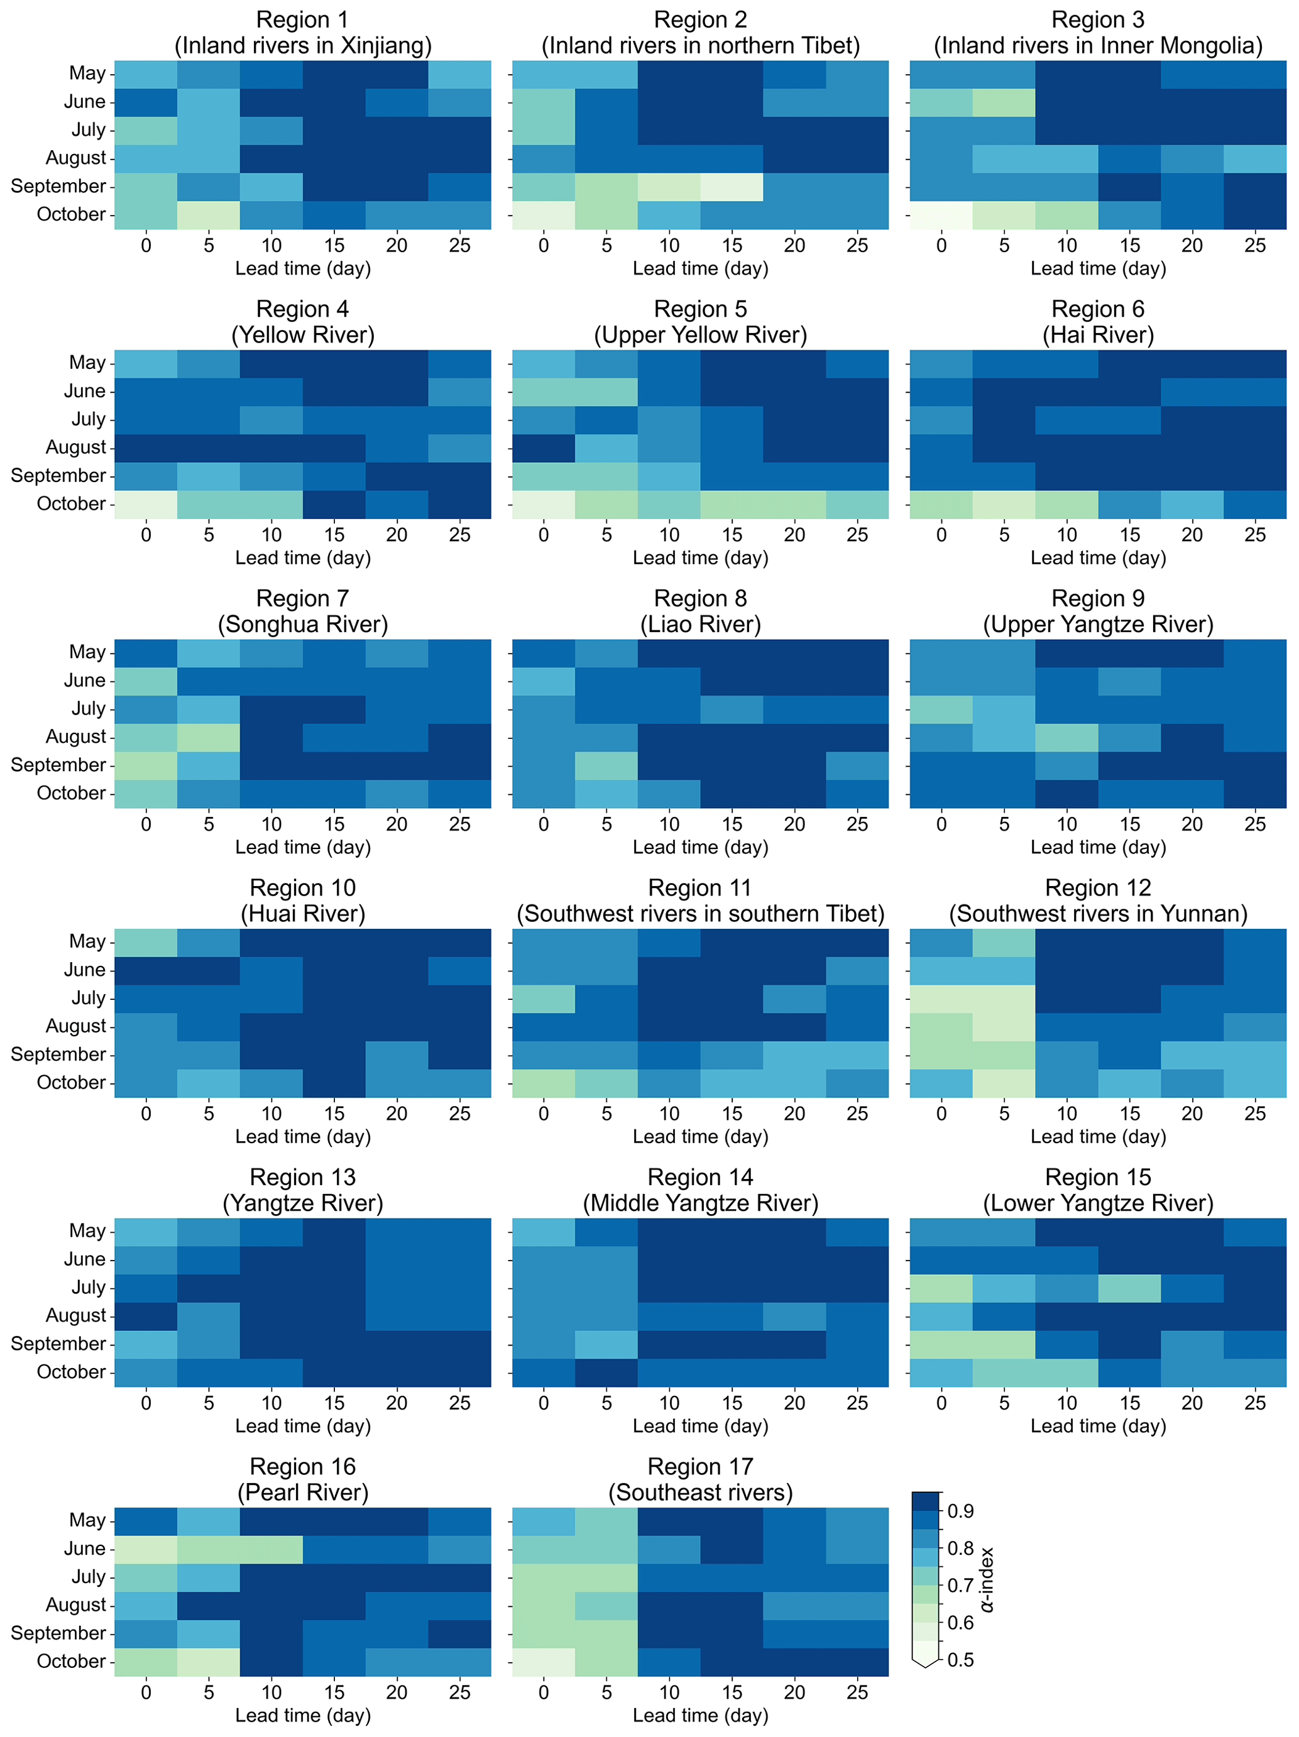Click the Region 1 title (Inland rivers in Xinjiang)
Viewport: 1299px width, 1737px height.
pos(302,33)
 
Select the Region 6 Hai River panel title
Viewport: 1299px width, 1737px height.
pos(1097,322)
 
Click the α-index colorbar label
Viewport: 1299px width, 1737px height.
pos(987,1579)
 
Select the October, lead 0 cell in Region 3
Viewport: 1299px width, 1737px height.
pos(941,214)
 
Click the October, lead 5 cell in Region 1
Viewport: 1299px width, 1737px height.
pos(208,214)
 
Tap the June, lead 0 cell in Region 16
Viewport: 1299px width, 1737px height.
pos(145,1548)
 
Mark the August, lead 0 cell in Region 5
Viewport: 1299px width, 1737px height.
pos(543,447)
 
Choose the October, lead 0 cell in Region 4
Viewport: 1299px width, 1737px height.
pos(145,504)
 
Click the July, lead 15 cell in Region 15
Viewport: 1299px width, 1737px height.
pos(1129,1288)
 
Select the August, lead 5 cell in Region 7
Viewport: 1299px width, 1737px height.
pos(208,737)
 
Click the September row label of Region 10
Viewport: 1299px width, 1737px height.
pos(58,1054)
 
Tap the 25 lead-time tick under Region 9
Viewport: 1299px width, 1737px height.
pos(1254,824)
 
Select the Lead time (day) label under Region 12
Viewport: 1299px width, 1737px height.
pos(1097,1136)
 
